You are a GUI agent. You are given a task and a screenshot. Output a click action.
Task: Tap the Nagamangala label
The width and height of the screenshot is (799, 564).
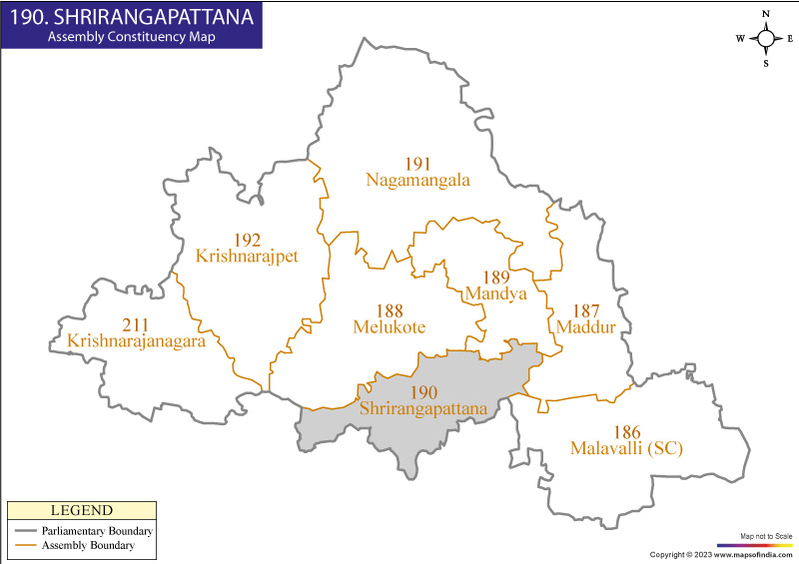pos(417,181)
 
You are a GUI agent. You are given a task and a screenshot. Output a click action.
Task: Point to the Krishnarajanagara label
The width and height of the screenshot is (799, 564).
pos(136,341)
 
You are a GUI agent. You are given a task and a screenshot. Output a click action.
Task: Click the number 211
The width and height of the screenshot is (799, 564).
pos(136,325)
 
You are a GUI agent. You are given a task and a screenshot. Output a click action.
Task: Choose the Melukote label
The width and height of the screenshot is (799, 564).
pos(390,327)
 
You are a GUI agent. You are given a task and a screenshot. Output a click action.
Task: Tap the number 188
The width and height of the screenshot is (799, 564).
pos(390,311)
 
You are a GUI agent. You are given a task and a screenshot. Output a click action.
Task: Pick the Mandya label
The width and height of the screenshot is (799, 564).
pos(496,293)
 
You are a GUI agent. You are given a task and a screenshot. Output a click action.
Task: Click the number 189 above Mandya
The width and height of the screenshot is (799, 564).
pos(496,278)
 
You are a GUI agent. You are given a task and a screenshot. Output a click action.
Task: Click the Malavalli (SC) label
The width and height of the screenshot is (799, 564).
pos(626,448)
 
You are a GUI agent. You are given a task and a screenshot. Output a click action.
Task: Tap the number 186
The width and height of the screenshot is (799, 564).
pos(626,432)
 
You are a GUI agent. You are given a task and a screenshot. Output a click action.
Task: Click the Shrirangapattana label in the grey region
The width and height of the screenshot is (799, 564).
pos(423,409)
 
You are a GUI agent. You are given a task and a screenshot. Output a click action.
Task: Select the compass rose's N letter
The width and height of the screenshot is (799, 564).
pos(765,14)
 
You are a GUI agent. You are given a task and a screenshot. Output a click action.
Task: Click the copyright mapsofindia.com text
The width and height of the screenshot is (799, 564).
pos(720,554)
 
